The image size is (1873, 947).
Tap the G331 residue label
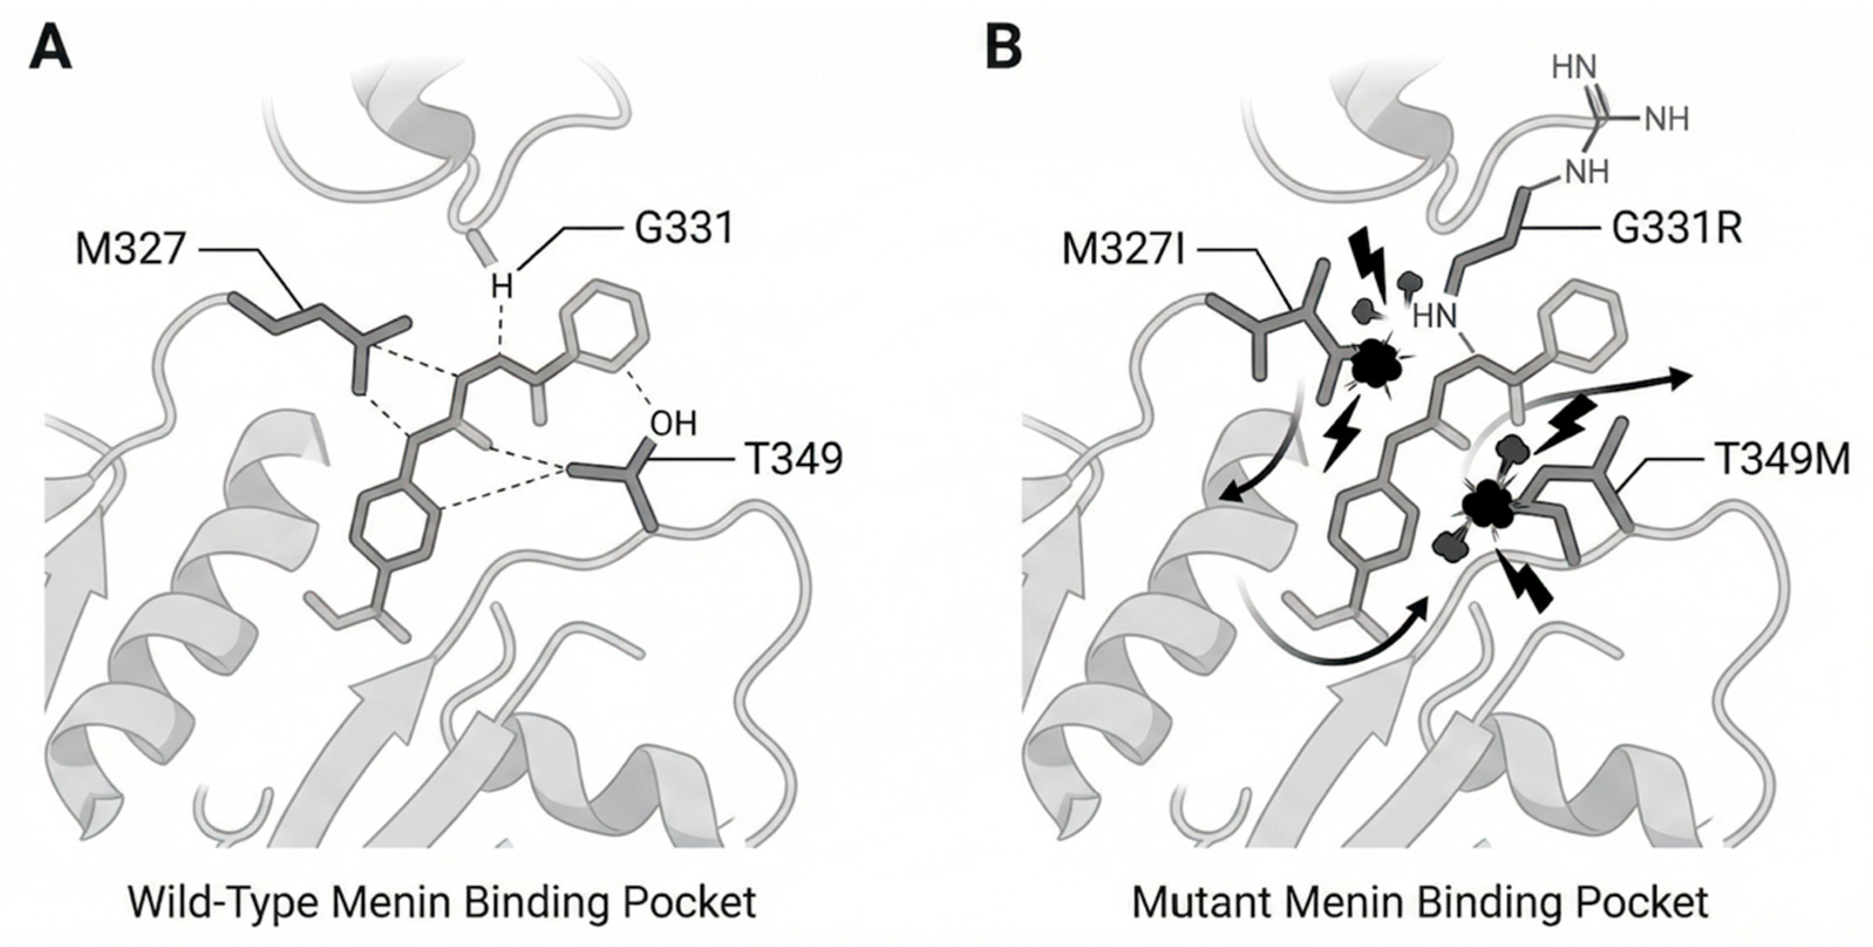[x=684, y=228]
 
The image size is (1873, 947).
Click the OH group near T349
[x=673, y=424]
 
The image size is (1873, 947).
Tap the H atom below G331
[x=501, y=287]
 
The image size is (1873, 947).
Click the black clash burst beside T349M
[x=1487, y=506]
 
